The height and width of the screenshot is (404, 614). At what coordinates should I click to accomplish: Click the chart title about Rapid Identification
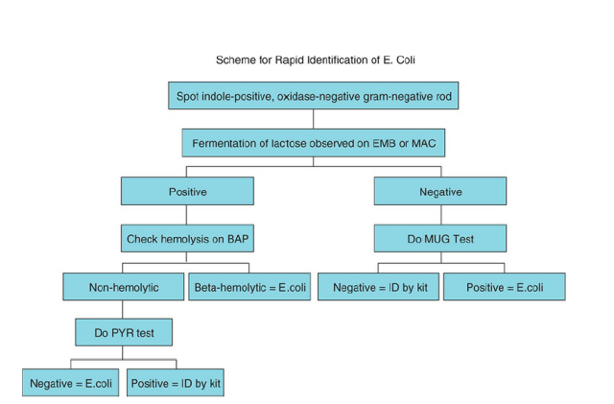coord(316,60)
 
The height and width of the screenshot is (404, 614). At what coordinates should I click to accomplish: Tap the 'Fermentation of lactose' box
coord(313,143)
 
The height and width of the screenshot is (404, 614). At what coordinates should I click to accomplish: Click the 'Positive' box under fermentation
coord(187,191)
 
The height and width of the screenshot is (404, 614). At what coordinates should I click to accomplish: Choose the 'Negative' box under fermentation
coord(440,191)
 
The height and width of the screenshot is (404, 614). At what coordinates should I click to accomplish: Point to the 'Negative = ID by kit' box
coord(380,286)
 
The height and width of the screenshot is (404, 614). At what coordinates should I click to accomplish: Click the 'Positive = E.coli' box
coord(504,286)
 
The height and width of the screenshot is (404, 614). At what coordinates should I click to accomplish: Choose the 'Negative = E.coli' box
coord(71,382)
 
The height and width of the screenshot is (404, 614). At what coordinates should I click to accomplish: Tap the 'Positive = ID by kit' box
coord(177,382)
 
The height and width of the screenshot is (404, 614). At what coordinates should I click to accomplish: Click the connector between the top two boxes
coord(313,119)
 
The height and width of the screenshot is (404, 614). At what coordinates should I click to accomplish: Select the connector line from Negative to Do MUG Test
coord(440,214)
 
